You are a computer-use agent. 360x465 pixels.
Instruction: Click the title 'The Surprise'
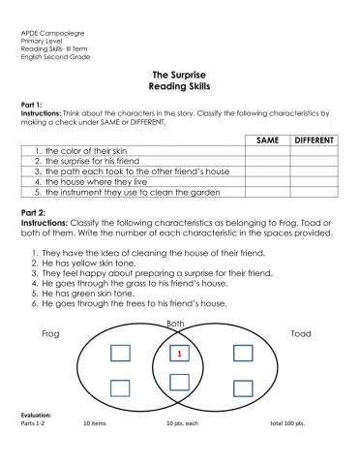(x=179, y=75)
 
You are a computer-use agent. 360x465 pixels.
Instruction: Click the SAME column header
(x=267, y=140)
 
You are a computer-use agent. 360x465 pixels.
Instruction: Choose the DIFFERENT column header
(x=314, y=140)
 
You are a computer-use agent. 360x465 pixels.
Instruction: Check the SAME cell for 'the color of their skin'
(x=267, y=152)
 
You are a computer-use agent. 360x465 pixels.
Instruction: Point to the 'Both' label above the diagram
(x=176, y=324)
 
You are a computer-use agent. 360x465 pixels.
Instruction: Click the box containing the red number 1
(x=179, y=355)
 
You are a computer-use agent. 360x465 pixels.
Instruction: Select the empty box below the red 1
(x=179, y=382)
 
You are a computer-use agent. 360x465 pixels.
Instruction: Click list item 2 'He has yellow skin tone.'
(x=96, y=262)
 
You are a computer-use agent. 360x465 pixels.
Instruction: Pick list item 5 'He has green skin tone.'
(x=94, y=292)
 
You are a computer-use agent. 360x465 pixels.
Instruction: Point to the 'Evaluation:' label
(x=38, y=414)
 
